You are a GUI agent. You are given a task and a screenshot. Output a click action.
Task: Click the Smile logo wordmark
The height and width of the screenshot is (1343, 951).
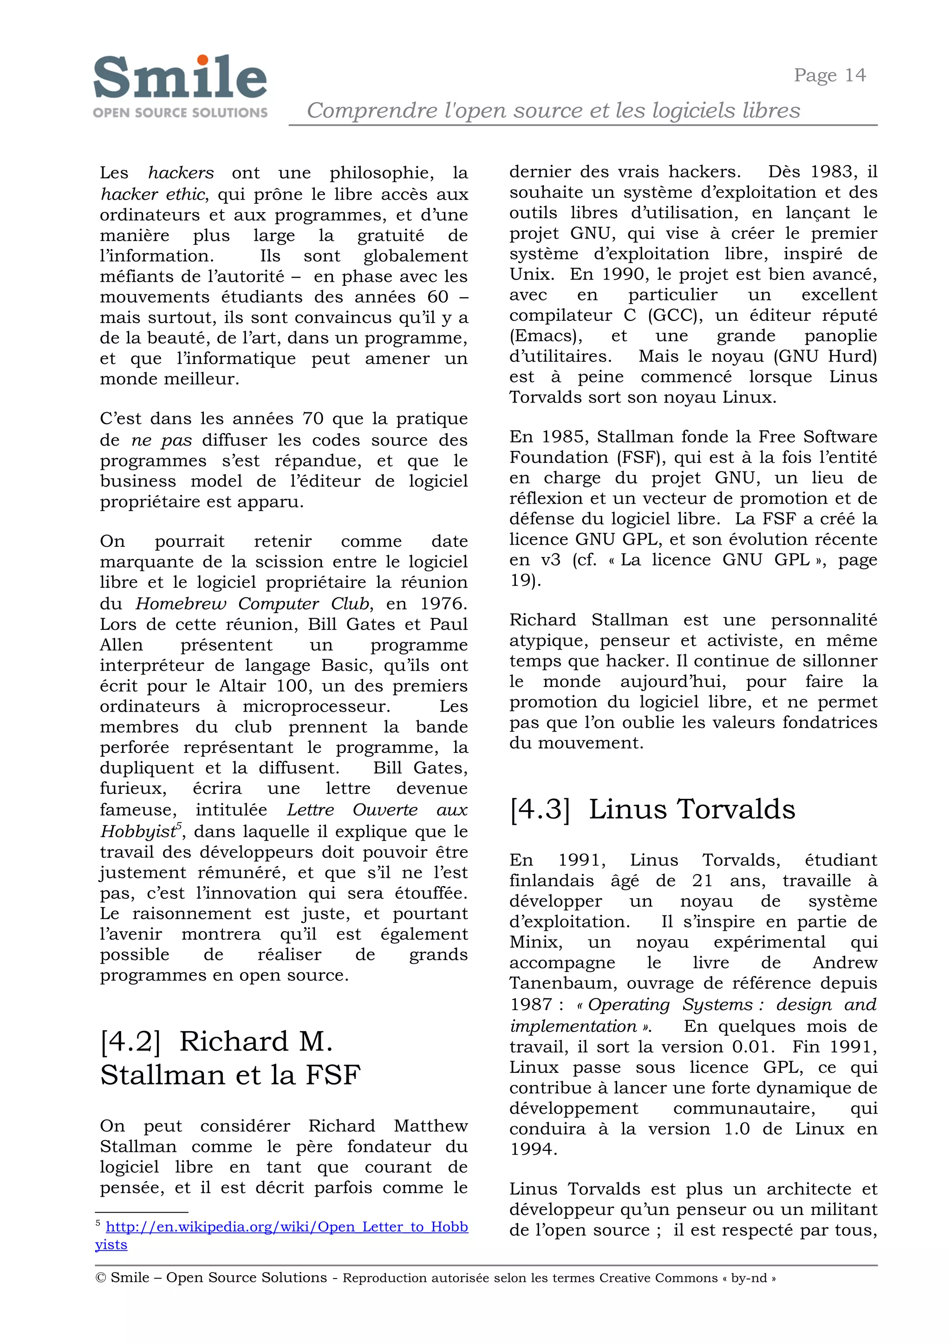pos(180,78)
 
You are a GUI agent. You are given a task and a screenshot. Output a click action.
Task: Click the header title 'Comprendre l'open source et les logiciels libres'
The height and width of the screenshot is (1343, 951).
pos(553,110)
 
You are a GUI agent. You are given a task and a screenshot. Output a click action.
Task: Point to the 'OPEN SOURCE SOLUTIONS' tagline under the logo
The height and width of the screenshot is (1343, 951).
pos(180,112)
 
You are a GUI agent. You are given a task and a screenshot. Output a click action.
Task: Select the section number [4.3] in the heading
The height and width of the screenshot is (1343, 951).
pos(539,810)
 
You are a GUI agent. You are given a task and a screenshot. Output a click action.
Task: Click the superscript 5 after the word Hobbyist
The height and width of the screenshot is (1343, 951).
pos(179,825)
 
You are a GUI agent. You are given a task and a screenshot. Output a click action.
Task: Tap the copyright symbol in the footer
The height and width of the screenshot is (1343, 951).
pos(100,1278)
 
